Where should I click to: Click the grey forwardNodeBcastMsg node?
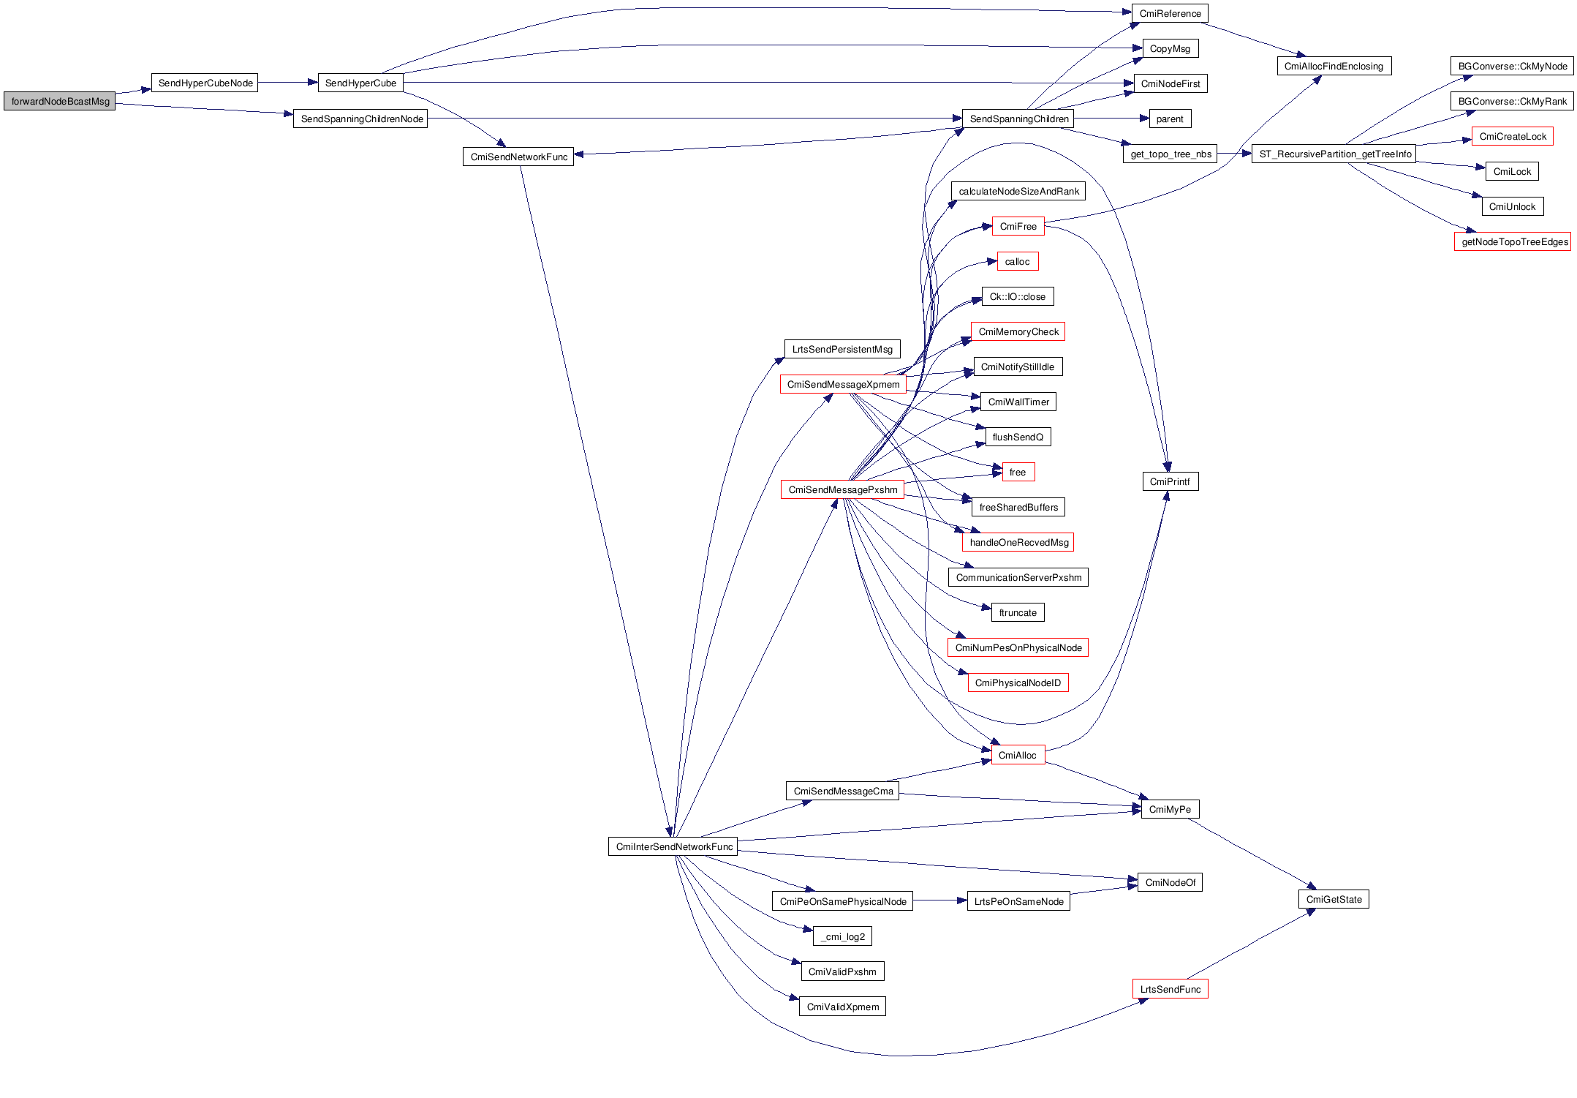tap(60, 101)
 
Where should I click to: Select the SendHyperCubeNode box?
tap(205, 83)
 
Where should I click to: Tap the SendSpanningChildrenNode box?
tap(361, 119)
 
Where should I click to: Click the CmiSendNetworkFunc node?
tap(518, 157)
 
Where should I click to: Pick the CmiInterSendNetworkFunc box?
tap(673, 846)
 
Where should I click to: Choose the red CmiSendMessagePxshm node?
tap(842, 489)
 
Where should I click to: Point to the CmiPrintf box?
tap(1170, 481)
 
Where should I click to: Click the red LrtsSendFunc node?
tap(1170, 989)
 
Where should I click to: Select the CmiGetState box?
tap(1334, 899)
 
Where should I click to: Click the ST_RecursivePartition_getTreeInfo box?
tap(1335, 154)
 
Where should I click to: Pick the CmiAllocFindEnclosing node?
tap(1334, 66)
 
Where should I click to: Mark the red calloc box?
tap(1017, 261)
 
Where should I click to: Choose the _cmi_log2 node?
tap(842, 936)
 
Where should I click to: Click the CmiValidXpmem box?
tap(842, 1007)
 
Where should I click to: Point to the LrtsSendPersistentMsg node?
tap(842, 349)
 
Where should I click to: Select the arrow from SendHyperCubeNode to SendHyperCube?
tap(287, 83)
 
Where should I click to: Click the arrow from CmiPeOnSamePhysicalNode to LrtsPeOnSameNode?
tap(940, 900)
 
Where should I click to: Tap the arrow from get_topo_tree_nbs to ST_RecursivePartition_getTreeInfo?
tap(1235, 154)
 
